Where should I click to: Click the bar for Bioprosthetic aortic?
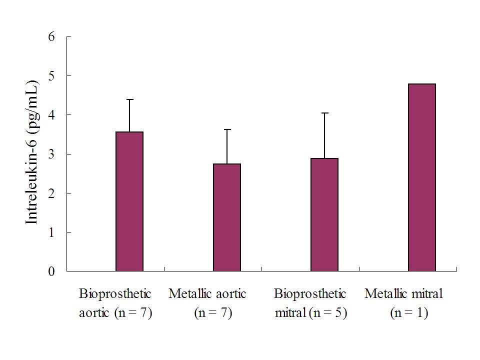pyautogui.click(x=129, y=201)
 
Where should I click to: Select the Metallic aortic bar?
pyautogui.click(x=227, y=217)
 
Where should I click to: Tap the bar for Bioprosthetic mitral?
pyautogui.click(x=324, y=215)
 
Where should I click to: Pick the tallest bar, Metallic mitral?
pyautogui.click(x=422, y=177)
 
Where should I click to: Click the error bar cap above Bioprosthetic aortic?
pyautogui.click(x=129, y=99)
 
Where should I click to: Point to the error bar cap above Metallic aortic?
pyautogui.click(x=227, y=129)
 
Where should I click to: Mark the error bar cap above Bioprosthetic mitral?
pyautogui.click(x=324, y=113)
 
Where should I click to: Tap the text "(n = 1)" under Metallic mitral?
pyautogui.click(x=408, y=314)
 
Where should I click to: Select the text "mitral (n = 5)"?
pyautogui.click(x=311, y=314)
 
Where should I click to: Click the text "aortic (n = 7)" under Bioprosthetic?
pyautogui.click(x=115, y=314)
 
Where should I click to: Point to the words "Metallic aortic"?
pyautogui.click(x=207, y=294)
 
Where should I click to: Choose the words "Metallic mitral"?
pyautogui.click(x=404, y=294)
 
